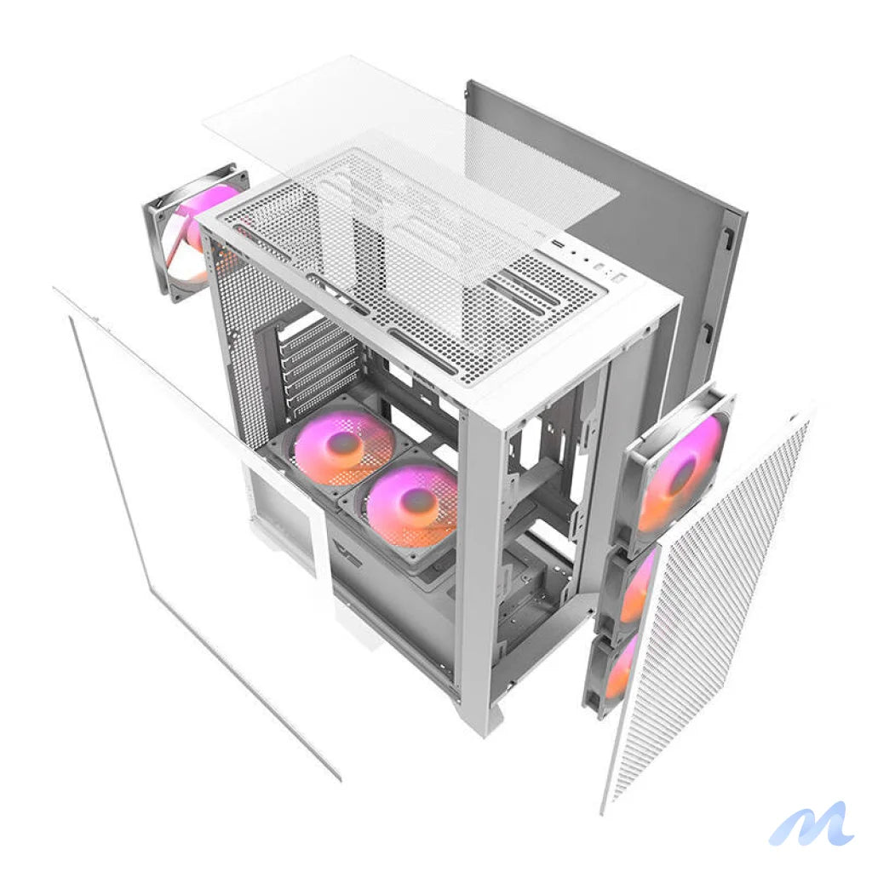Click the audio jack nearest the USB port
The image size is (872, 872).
(572, 254)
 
